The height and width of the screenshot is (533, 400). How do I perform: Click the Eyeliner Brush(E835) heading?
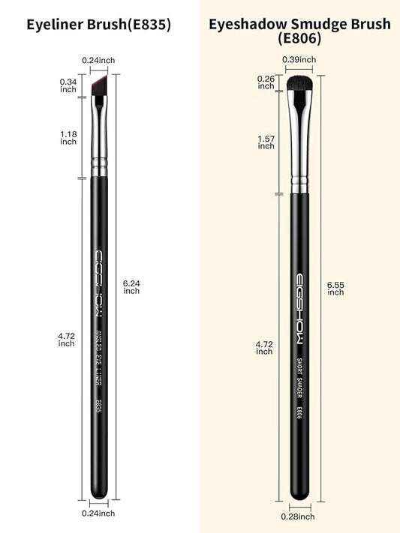(98, 25)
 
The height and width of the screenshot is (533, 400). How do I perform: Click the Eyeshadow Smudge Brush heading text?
(299, 25)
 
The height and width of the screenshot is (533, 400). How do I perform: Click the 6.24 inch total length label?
(131, 286)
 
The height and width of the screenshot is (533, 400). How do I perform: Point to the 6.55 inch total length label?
(335, 288)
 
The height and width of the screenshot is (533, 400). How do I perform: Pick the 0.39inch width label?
(299, 60)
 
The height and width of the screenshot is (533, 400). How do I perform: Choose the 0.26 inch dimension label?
(266, 82)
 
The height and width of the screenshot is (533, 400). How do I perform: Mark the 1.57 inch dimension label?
(266, 142)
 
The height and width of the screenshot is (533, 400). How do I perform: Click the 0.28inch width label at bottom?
(299, 517)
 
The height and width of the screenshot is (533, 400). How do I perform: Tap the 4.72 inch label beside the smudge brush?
(264, 347)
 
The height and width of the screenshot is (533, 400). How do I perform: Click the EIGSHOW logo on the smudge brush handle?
(299, 301)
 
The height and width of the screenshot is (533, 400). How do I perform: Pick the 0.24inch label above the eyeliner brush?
(99, 60)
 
